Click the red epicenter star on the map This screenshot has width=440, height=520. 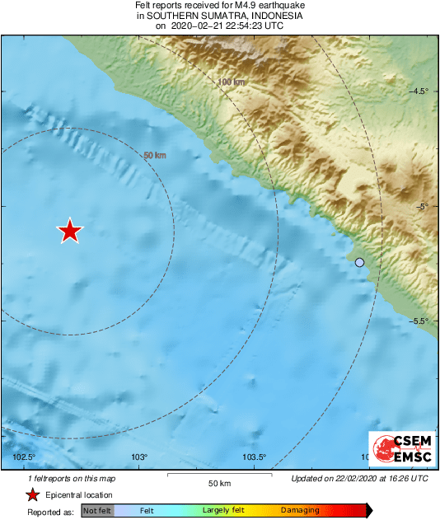tap(71, 232)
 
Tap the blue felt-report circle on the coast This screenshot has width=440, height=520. tap(359, 263)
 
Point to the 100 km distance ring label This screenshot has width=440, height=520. tap(232, 82)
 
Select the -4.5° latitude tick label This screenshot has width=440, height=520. tap(419, 91)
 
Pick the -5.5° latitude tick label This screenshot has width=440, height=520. tap(419, 322)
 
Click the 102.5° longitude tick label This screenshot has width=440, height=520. tap(25, 458)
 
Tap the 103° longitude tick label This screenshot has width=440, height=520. tap(138, 458)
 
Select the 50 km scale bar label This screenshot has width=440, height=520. tap(218, 483)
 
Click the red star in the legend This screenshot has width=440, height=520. tap(32, 495)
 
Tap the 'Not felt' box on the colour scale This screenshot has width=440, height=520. tap(97, 511)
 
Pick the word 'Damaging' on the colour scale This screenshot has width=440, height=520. tap(299, 511)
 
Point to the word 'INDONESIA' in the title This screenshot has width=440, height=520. tap(274, 16)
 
